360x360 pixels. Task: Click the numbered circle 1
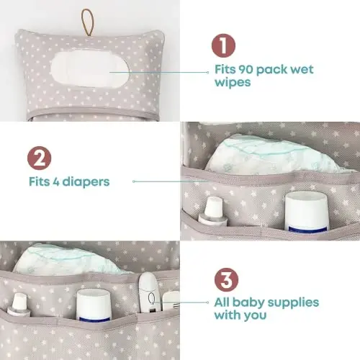point(222,45)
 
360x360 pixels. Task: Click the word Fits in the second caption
point(41,181)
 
